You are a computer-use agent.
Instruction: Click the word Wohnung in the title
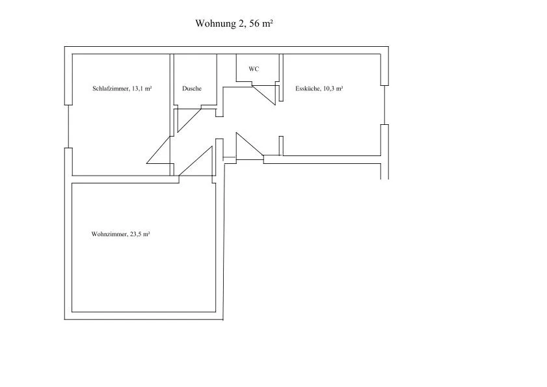(x=215, y=23)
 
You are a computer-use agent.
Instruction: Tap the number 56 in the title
(x=254, y=23)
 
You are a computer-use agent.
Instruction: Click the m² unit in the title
(x=267, y=23)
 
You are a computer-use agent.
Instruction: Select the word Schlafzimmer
(x=110, y=88)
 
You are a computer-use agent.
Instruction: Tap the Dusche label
(x=192, y=88)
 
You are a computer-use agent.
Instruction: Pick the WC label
(x=254, y=69)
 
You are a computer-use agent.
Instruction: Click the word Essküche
(x=308, y=88)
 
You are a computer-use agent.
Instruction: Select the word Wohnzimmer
(x=109, y=234)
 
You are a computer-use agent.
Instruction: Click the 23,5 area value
(x=137, y=234)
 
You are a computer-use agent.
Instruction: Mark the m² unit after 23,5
(x=147, y=234)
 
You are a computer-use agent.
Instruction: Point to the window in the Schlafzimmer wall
(x=68, y=126)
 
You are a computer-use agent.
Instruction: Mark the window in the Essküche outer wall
(x=384, y=105)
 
